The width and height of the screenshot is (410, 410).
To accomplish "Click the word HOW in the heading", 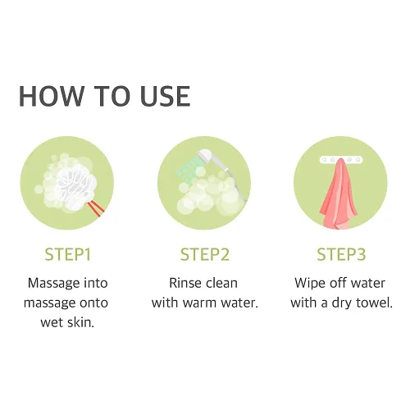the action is [51, 96].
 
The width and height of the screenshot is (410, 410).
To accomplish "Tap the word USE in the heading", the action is [165, 96].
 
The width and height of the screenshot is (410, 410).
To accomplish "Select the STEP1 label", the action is [67, 254].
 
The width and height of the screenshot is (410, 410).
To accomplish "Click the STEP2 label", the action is [205, 254].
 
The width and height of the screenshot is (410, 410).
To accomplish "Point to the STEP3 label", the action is [341, 254].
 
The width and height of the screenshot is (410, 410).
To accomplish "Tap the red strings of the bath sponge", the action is [96, 207].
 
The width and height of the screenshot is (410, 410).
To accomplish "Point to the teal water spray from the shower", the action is [189, 170].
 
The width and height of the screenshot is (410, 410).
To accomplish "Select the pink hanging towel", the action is [339, 194].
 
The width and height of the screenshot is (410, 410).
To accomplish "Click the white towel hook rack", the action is [342, 159].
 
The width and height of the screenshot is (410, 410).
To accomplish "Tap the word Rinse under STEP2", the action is [182, 283].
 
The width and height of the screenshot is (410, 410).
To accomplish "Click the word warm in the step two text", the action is [200, 303].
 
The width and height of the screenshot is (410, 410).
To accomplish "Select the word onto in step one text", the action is [93, 303].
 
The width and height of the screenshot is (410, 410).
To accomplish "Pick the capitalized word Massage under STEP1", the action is [51, 284].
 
